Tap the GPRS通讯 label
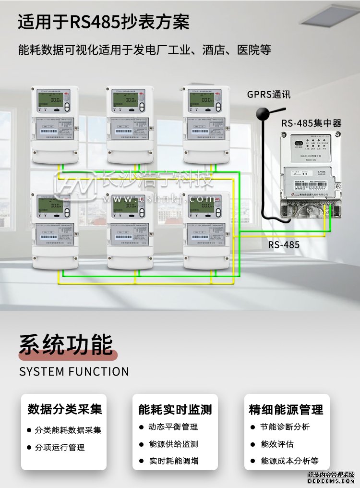pyautogui.click(x=269, y=94)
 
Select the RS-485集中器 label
pyautogui.click(x=312, y=123)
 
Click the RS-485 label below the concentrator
pyautogui.click(x=284, y=245)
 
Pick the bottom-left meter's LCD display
pyautogui.click(x=52, y=207)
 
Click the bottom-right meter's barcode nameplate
pyautogui.click(x=204, y=236)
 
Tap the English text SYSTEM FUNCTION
pyautogui.click(x=74, y=372)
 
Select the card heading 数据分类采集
pyautogui.click(x=65, y=409)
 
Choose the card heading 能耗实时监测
pyautogui.click(x=175, y=410)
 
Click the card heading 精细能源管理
pyautogui.click(x=286, y=410)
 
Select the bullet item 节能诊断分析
pyautogui.click(x=285, y=427)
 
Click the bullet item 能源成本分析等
pyautogui.click(x=289, y=461)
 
